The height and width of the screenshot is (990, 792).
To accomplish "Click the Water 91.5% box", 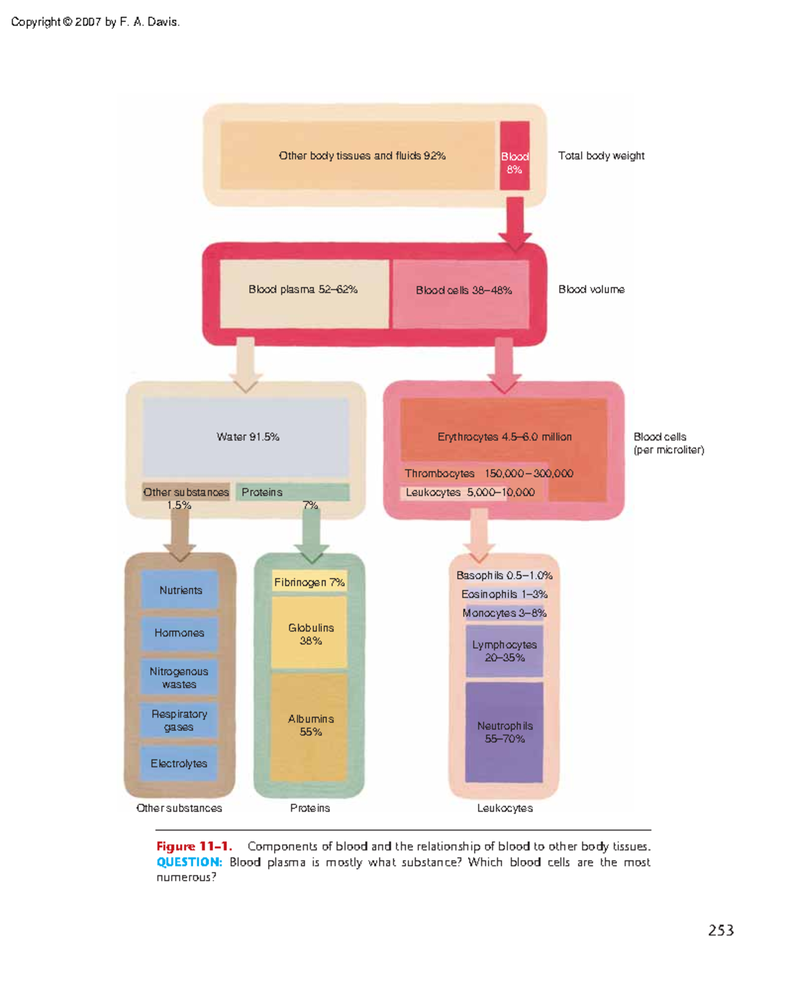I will [246, 437].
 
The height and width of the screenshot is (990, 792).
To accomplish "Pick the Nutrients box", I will [180, 590].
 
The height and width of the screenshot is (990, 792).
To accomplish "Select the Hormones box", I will [179, 633].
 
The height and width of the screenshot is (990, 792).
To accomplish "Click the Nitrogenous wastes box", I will [179, 678].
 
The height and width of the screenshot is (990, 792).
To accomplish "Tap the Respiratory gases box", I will [179, 720].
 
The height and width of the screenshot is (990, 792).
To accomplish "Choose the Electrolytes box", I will [179, 764].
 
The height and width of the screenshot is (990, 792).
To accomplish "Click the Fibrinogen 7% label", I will [309, 582].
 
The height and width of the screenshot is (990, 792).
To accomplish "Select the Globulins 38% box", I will [310, 634].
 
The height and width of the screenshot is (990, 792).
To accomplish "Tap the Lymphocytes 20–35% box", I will [504, 651].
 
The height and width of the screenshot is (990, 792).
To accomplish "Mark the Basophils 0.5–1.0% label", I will [504, 576].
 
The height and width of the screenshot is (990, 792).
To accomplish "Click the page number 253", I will [721, 931].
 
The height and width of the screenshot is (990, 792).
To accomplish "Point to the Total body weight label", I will [601, 156].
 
